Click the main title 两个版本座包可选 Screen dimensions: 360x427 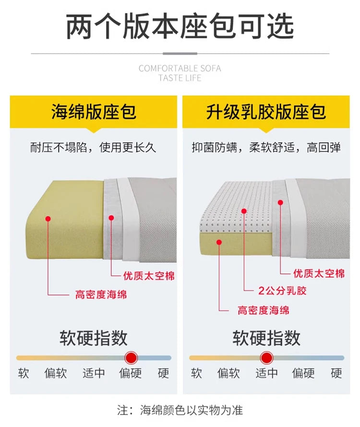pos(180,26)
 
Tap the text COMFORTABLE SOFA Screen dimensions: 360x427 pos(180,68)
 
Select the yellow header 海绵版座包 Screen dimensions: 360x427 pos(94,112)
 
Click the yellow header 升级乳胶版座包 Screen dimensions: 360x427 pos(266,112)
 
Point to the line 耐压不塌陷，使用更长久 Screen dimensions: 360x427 pos(93,147)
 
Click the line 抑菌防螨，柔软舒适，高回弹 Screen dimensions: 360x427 pos(266,147)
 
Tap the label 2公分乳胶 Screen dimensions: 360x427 pos(282,291)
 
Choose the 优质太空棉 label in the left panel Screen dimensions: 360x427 pos(149,276)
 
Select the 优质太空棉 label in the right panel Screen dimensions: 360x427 pos(319,273)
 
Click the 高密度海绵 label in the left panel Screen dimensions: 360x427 pos(101,295)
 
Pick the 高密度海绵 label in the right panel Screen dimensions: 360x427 pos(264,310)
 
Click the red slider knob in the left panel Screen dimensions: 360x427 pos(131,357)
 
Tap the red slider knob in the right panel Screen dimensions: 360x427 pos(266,357)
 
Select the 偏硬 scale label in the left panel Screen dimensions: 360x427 pos(130,373)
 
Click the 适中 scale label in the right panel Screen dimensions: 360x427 pos(266,373)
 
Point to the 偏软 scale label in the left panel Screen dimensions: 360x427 pos(56,373)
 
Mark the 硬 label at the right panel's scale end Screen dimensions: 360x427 pos(336,373)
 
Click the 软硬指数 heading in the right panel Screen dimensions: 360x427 pos(266,338)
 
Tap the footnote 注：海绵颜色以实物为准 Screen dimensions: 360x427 pos(180,410)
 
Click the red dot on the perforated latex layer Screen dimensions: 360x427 pos(244,211)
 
